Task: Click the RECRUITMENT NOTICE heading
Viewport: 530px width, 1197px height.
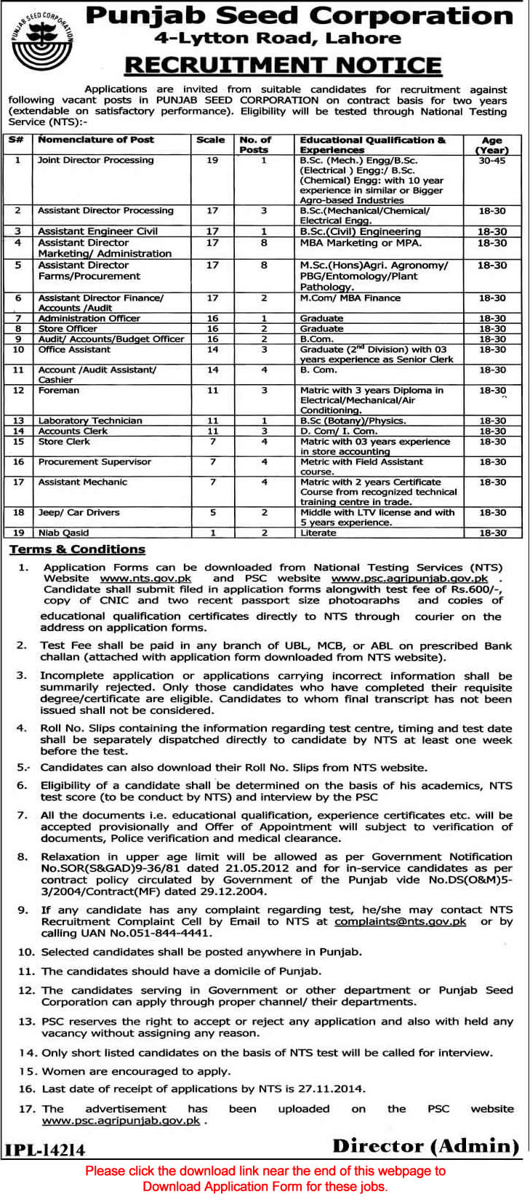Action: pos(284,66)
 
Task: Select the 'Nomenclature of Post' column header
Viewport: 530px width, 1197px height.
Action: pos(96,140)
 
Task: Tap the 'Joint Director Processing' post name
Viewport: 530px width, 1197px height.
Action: pos(96,160)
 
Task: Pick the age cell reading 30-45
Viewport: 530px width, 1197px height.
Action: pos(492,160)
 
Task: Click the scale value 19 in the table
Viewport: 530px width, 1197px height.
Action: pos(212,160)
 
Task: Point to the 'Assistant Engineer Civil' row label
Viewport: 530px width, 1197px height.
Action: pos(97,231)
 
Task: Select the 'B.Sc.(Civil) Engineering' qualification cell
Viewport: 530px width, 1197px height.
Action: pos(361,231)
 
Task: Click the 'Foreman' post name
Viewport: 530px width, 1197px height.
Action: pos(59,391)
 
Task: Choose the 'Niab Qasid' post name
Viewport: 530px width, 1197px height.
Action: pos(64,533)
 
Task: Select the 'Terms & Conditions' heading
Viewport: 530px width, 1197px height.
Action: pos(77,549)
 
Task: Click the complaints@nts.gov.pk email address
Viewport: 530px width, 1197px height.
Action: pos(401,921)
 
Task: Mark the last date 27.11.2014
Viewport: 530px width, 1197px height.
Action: pos(335,1089)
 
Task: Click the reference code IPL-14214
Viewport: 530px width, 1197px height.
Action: pos(45,1150)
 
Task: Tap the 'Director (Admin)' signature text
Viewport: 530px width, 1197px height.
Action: pos(426,1146)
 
